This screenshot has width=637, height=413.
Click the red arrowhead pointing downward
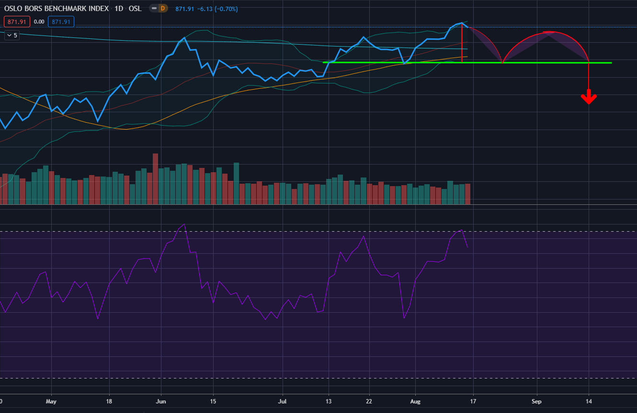589,98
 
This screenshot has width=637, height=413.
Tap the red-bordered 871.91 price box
17,22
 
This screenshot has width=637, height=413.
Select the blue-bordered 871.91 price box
61,22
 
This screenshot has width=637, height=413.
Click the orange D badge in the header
162,8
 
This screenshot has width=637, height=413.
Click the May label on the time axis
51,401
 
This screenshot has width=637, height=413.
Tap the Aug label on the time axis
415,401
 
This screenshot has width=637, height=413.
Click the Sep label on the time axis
536,401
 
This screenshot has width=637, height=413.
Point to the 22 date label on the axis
369,401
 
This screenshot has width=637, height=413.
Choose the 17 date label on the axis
473,401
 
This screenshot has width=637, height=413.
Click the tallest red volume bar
155,179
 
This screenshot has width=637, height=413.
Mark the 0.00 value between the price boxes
40,22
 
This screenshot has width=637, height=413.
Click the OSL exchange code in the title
135,9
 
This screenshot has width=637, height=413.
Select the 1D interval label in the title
118,9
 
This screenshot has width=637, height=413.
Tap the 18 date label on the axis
109,401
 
